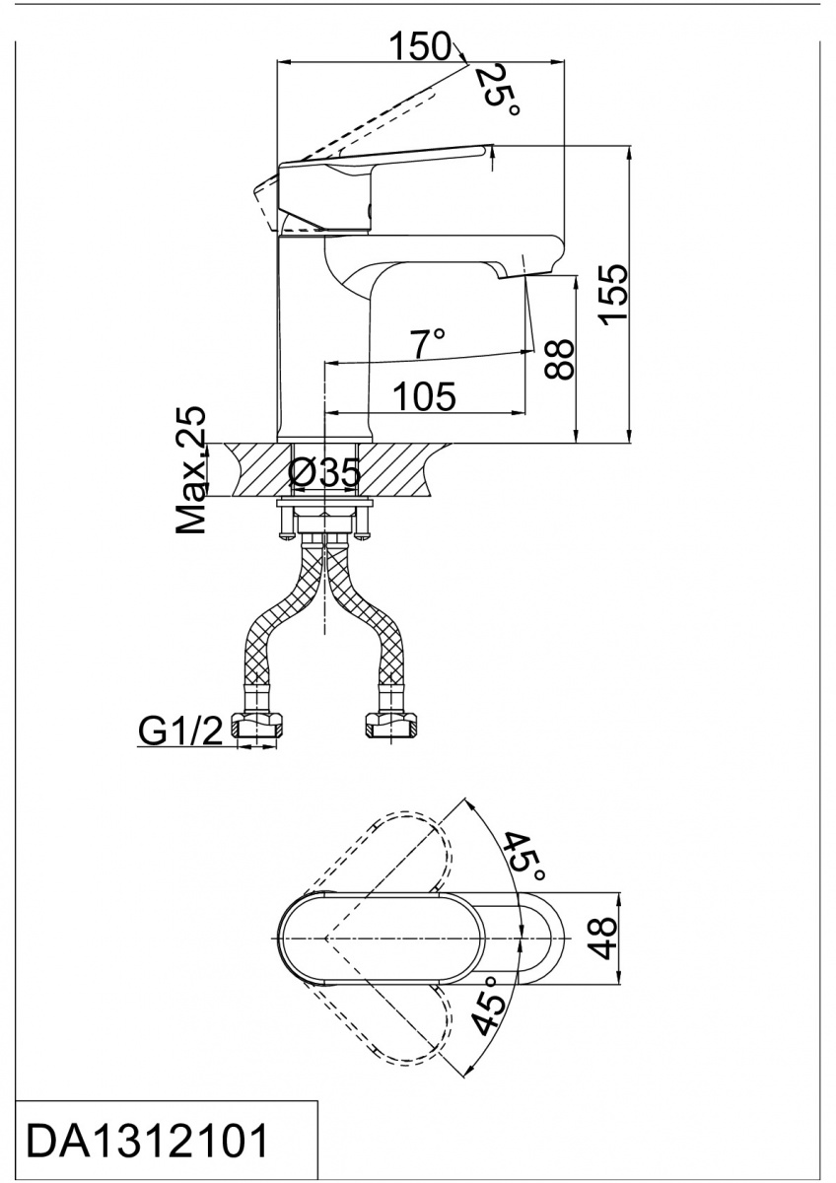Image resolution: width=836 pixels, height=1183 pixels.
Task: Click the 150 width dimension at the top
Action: pyautogui.click(x=418, y=46)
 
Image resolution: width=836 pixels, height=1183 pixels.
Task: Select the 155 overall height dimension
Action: pyautogui.click(x=613, y=294)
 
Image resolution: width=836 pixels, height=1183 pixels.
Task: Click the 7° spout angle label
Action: pyautogui.click(x=429, y=344)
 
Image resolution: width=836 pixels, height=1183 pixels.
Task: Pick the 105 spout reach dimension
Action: pyautogui.click(x=425, y=397)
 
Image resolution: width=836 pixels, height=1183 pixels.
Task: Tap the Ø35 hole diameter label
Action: pyautogui.click(x=324, y=474)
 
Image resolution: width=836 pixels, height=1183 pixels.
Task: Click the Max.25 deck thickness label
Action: pyautogui.click(x=193, y=470)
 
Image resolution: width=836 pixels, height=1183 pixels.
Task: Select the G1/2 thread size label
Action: pyautogui.click(x=180, y=731)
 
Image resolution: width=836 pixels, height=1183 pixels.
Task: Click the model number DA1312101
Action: pyautogui.click(x=148, y=1142)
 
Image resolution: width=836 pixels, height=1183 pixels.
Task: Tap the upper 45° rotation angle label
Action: pyautogui.click(x=523, y=857)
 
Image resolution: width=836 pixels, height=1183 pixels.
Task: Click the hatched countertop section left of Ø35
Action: pyautogui.click(x=256, y=470)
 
